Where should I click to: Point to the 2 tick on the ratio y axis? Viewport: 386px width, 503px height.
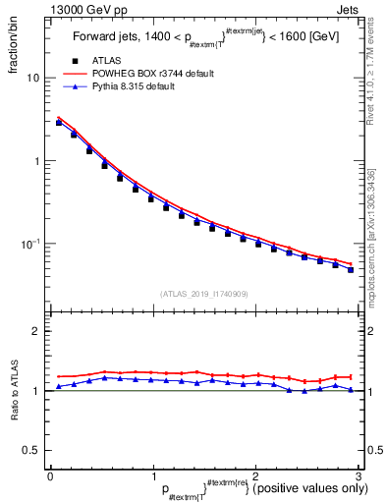[x=37, y=331]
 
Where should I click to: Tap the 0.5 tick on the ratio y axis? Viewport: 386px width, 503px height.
[x=32, y=451]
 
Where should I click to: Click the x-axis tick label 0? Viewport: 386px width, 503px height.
[x=50, y=474]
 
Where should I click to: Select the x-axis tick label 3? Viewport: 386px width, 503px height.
[x=358, y=474]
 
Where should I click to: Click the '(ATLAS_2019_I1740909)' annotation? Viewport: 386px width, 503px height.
[x=203, y=294]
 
